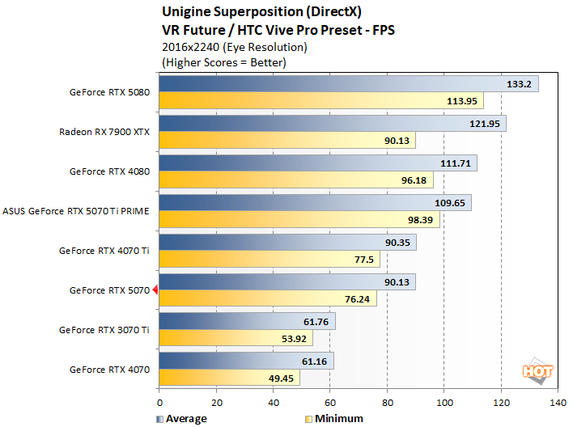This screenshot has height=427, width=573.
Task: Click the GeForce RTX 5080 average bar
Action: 348,84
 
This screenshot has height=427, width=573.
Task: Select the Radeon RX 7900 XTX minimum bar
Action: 287,141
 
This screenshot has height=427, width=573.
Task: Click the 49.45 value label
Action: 279,378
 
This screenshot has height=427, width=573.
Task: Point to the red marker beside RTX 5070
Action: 155,290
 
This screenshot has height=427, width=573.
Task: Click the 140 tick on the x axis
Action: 558,402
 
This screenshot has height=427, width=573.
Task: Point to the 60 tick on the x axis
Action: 330,402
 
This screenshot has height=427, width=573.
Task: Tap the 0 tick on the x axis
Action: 159,402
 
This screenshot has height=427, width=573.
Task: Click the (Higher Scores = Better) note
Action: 224,62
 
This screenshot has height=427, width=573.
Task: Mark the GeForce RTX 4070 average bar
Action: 246,361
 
